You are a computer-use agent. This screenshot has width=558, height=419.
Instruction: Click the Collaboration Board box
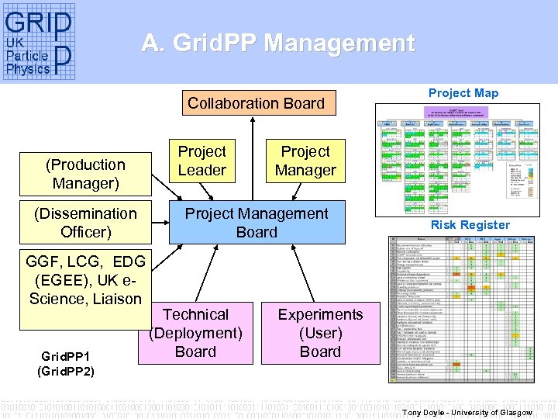pos(256,103)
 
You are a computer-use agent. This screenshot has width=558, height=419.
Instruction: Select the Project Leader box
pos(202,161)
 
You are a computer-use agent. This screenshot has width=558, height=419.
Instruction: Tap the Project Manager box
pos(305,161)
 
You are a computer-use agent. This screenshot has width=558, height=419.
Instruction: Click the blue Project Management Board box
pos(257,223)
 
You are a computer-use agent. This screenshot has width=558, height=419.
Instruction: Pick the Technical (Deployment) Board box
pos(195,333)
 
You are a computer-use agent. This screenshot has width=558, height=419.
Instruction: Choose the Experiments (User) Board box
pos(320,333)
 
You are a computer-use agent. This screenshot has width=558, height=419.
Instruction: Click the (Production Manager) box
pos(85,174)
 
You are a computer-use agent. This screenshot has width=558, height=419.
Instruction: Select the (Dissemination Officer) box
pos(85,223)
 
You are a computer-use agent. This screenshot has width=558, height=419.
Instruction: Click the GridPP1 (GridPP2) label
pos(66,365)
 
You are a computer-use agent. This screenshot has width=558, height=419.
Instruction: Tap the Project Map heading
pos(463,93)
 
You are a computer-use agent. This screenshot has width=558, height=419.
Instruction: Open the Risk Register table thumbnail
pos(463,308)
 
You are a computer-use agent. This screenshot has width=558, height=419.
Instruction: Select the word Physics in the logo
pos(28,68)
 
